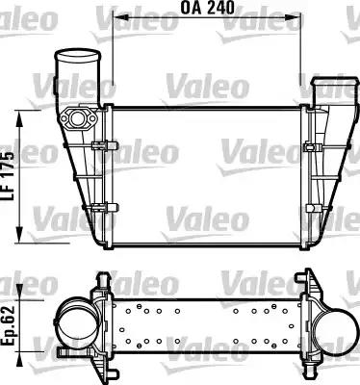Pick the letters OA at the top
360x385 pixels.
191,13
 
